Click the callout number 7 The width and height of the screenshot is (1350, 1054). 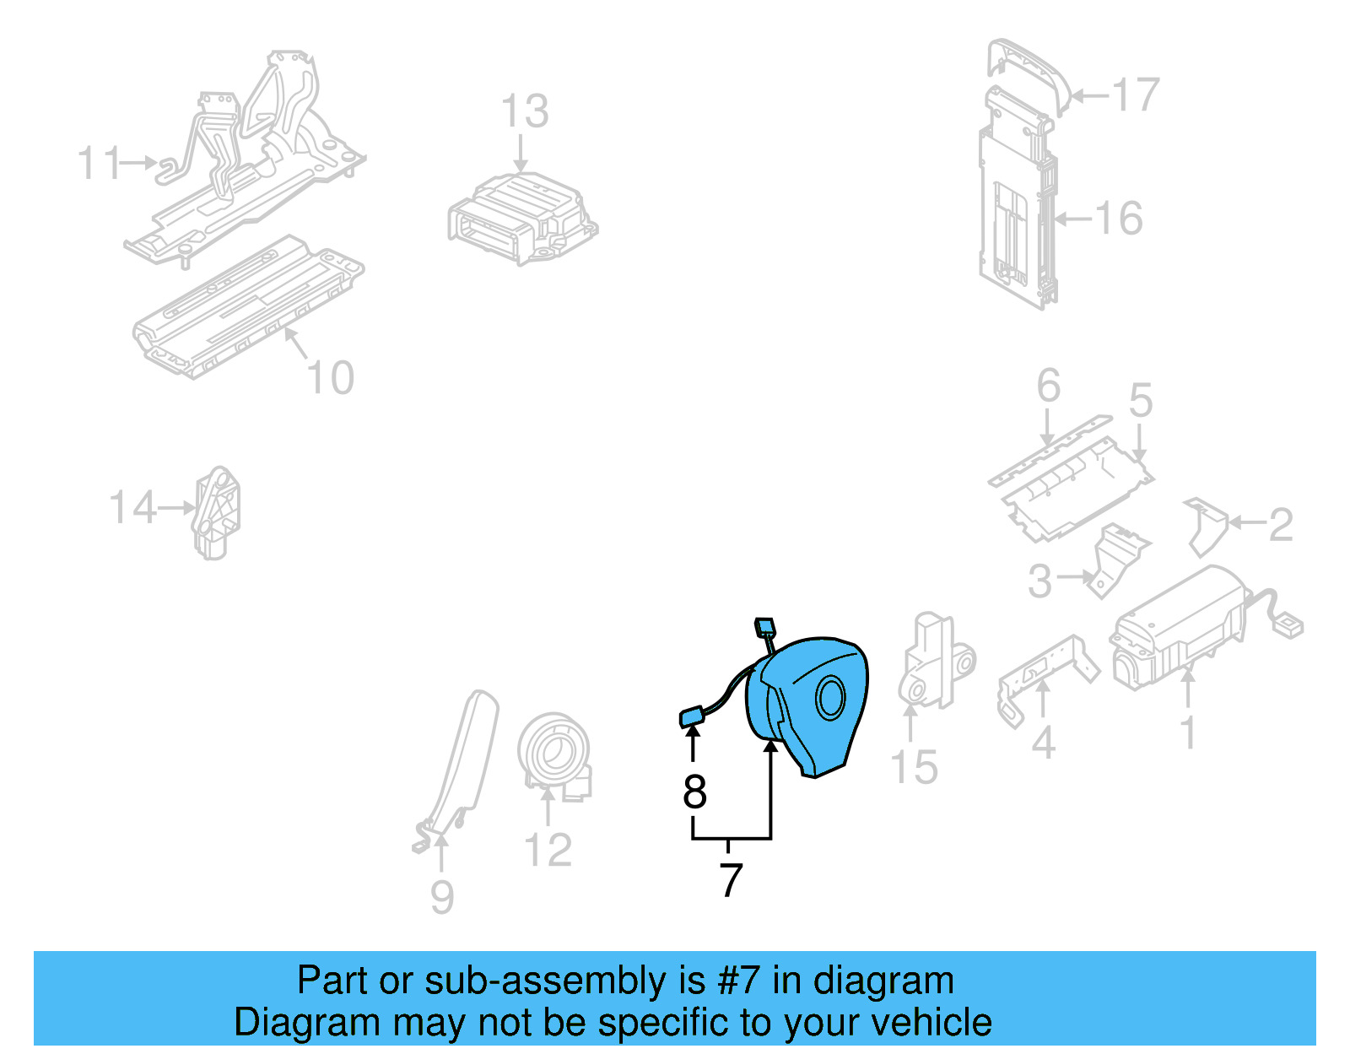click(x=731, y=880)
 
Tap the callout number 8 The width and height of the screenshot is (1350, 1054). click(x=694, y=792)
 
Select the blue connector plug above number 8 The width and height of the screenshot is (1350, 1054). click(x=692, y=717)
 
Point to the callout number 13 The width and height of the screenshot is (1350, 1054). click(x=524, y=111)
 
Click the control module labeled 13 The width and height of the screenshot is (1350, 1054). click(x=521, y=219)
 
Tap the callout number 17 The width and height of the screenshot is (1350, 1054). click(x=1135, y=95)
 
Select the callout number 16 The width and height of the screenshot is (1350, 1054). click(x=1119, y=219)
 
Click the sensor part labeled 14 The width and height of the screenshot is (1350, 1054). click(x=216, y=512)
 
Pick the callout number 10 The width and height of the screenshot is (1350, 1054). click(x=330, y=378)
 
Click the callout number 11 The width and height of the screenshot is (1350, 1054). click(x=99, y=163)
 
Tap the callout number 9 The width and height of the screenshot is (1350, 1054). click(x=442, y=897)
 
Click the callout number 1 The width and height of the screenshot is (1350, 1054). click(x=1187, y=732)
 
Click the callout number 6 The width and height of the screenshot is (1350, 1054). click(x=1048, y=386)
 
